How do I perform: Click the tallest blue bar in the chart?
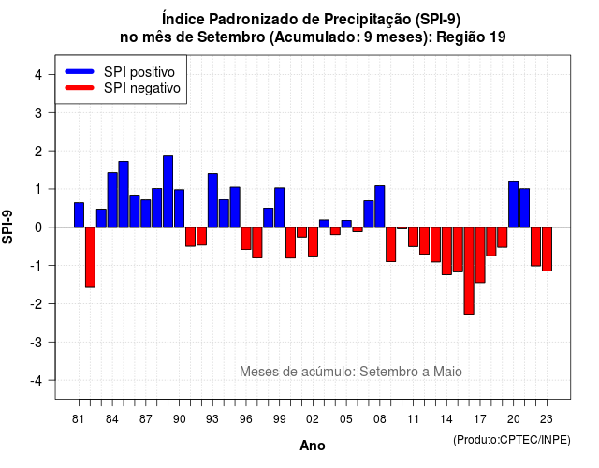(168, 191)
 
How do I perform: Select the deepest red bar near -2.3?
(469, 271)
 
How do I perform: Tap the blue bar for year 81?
(79, 214)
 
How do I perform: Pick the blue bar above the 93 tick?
(212, 200)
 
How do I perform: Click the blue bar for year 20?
(514, 204)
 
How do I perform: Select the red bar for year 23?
(547, 249)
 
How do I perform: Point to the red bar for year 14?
(446, 251)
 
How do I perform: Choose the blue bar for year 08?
(380, 206)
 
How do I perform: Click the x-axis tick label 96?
(246, 419)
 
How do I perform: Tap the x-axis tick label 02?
(313, 419)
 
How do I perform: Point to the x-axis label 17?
(480, 419)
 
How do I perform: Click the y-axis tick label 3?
(38, 112)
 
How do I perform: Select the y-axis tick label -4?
(37, 381)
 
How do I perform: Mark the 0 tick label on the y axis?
(38, 227)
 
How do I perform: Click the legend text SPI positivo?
(139, 72)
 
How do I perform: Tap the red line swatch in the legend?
(80, 88)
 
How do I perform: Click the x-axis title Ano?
(313, 446)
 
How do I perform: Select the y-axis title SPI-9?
(7, 227)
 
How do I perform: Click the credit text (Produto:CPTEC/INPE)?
(512, 440)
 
